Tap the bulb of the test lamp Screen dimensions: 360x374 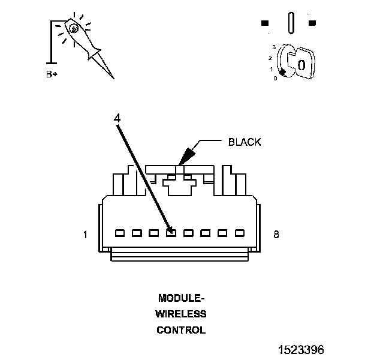[x=73, y=28]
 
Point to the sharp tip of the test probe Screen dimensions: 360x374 [x=112, y=77]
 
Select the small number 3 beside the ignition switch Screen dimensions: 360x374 [x=273, y=47]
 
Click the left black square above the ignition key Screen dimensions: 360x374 [x=265, y=23]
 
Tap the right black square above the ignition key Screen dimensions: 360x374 [x=312, y=23]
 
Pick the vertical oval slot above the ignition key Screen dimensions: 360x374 [x=291, y=23]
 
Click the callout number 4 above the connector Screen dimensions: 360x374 [x=117, y=119]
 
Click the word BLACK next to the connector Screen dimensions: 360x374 [x=245, y=142]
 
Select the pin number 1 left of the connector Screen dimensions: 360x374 [x=85, y=235]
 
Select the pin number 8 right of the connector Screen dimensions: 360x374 [x=276, y=235]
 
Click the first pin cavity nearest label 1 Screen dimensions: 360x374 [x=119, y=233]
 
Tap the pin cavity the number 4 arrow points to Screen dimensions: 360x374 [x=171, y=233]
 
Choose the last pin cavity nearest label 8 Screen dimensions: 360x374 [x=240, y=233]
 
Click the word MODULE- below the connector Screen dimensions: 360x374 [x=181, y=298]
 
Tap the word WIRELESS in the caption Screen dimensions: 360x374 [x=181, y=314]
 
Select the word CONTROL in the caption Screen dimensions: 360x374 [x=181, y=330]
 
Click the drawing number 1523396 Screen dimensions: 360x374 [x=301, y=349]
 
